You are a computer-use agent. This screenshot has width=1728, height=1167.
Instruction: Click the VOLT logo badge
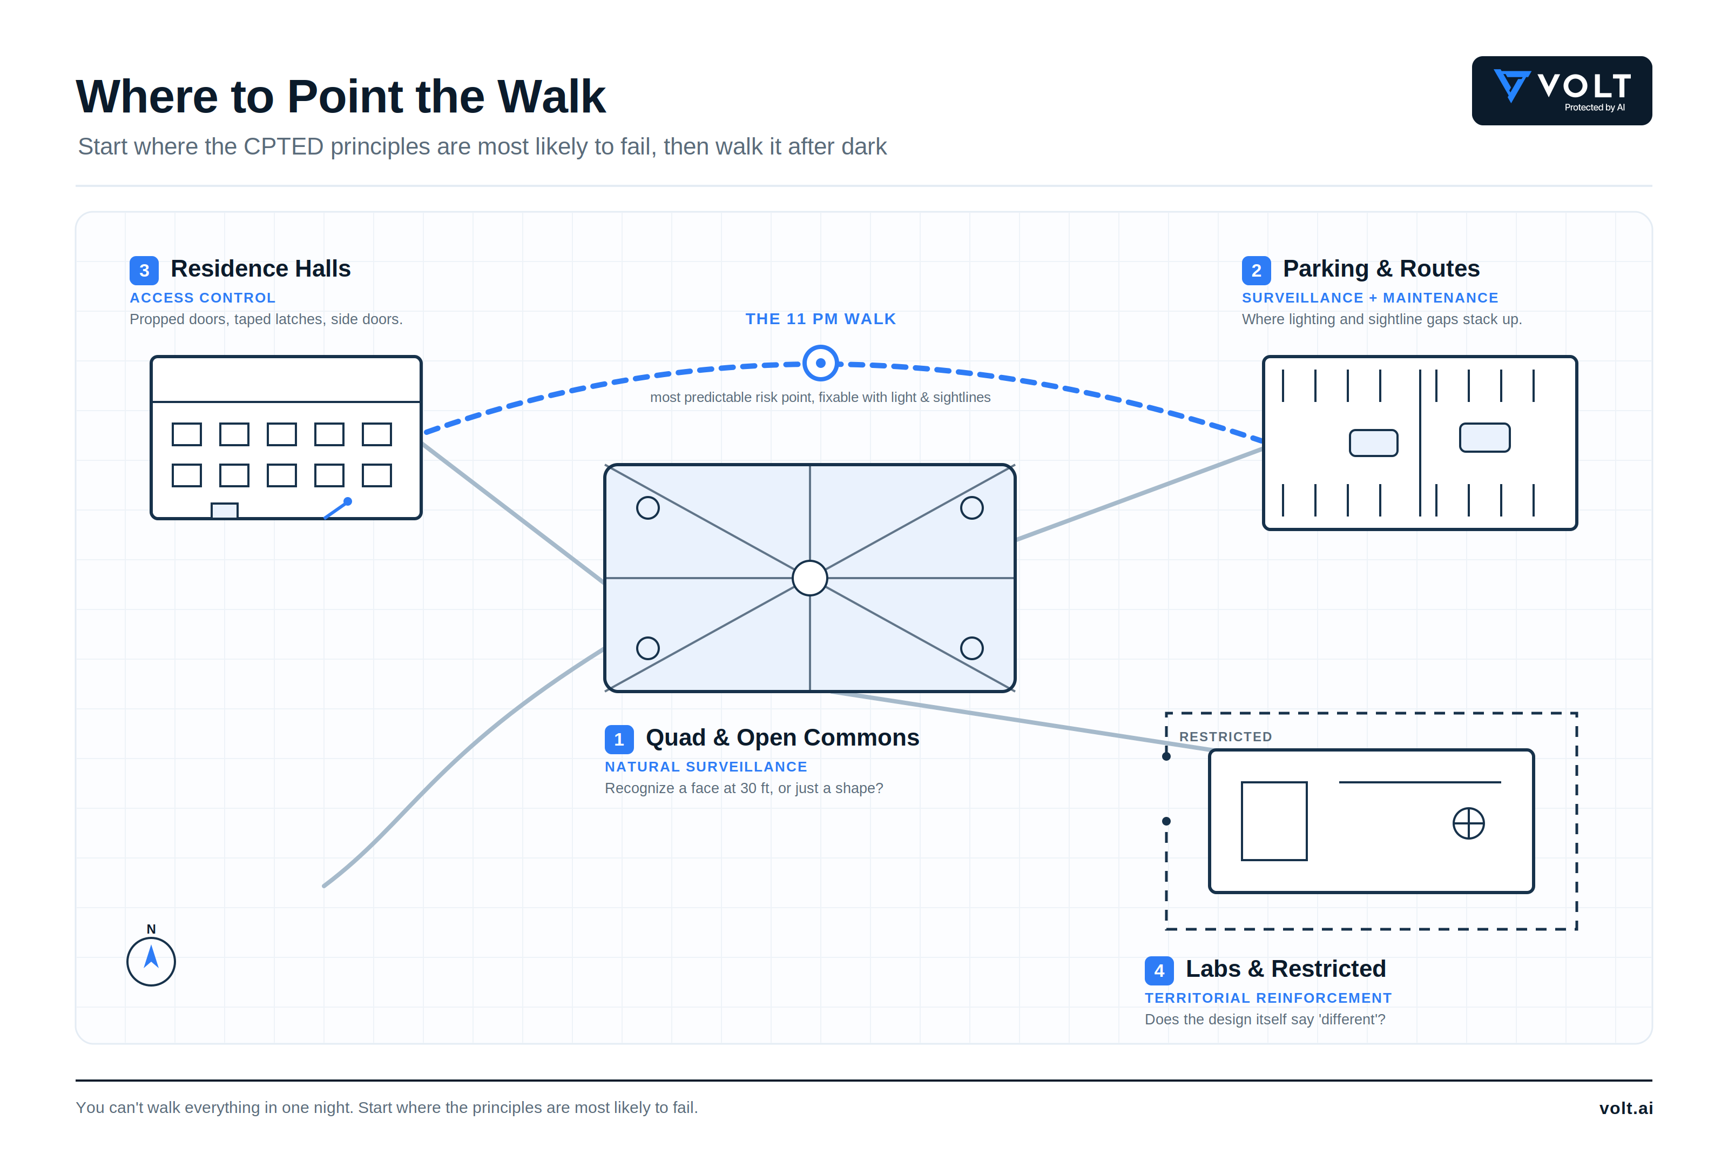point(1562,91)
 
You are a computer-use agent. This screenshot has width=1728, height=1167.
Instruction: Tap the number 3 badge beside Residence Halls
point(144,271)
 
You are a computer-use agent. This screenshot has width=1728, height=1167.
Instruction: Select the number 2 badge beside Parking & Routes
point(1256,271)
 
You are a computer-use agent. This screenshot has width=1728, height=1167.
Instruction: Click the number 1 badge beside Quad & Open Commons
point(619,739)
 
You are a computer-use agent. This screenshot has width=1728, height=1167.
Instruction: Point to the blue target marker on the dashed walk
point(820,364)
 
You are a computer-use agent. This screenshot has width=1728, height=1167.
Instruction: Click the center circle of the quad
point(809,578)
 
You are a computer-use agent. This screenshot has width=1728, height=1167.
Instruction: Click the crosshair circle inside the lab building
point(1468,823)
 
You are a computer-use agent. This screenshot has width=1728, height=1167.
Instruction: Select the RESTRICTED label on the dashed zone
point(1225,736)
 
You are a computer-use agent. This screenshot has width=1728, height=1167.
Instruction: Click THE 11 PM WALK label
point(821,319)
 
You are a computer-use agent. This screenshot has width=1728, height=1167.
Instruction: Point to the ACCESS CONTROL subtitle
point(202,298)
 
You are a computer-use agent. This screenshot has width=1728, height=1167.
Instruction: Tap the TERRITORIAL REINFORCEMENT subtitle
point(1268,998)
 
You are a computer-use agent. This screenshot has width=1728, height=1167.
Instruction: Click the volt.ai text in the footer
point(1625,1108)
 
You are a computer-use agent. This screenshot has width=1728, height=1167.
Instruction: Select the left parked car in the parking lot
point(1373,442)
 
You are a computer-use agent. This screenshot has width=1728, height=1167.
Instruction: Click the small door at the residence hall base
point(225,510)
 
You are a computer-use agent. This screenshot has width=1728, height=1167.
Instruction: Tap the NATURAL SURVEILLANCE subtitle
point(706,767)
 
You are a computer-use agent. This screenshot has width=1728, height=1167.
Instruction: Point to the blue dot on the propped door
point(347,501)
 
